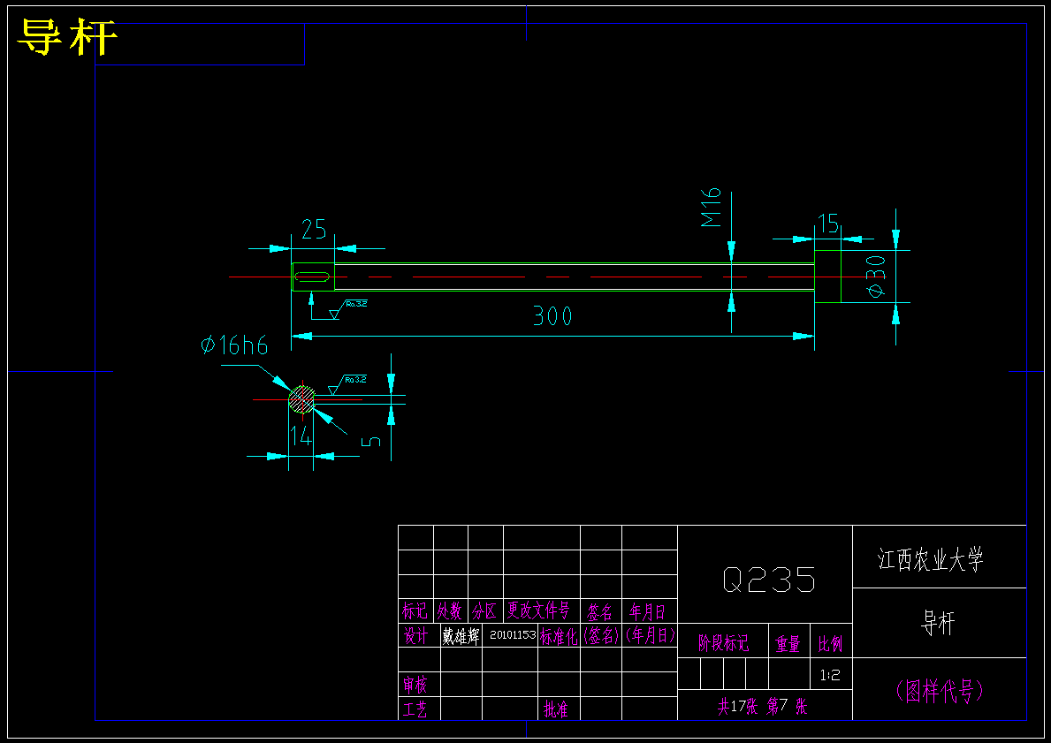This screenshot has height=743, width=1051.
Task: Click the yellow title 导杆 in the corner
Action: tap(67, 38)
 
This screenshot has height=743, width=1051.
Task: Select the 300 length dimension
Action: tap(552, 316)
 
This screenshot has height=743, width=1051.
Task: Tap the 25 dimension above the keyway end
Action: tap(314, 230)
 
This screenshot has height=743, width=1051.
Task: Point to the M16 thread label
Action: tap(712, 206)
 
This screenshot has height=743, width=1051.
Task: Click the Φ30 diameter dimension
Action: tap(876, 277)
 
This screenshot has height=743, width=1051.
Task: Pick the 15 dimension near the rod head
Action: tap(827, 224)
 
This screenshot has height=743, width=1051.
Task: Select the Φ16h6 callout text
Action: tap(234, 345)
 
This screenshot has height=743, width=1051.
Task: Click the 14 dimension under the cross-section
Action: tap(301, 436)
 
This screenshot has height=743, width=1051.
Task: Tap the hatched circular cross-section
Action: tap(301, 399)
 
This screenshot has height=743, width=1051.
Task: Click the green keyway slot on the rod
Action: tap(313, 277)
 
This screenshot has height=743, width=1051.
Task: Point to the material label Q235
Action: tap(768, 580)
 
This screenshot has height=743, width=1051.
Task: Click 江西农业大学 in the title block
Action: tap(930, 559)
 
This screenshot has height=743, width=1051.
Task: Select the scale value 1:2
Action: tap(830, 676)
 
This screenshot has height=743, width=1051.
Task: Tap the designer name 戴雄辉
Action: tap(461, 636)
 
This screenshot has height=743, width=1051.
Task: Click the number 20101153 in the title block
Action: tap(512, 635)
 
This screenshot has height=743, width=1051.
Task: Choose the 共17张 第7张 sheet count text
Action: tap(762, 707)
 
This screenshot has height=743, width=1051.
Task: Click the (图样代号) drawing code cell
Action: tap(939, 691)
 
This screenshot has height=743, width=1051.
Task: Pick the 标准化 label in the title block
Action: tap(560, 636)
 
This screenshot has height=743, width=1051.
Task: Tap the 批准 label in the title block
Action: tap(556, 709)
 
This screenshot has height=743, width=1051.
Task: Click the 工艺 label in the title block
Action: tap(415, 709)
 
